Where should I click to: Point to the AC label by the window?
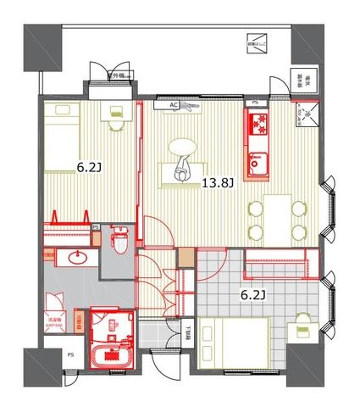[174, 105]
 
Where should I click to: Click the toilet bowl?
[120, 241]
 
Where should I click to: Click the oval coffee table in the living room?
[183, 147]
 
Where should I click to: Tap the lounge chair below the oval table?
[183, 170]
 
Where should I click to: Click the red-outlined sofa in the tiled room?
[280, 266]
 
